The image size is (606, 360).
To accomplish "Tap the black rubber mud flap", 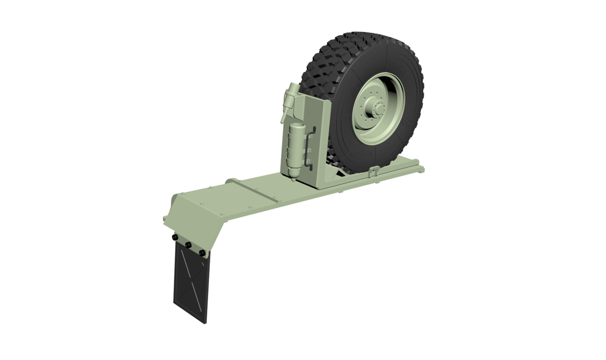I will tap(190, 285).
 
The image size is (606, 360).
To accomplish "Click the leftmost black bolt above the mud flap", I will tap(174, 238).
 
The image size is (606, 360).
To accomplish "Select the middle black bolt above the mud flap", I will tap(188, 245).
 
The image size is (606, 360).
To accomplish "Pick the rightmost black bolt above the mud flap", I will tap(203, 253).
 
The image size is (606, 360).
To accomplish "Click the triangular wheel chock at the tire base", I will tap(342, 171).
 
